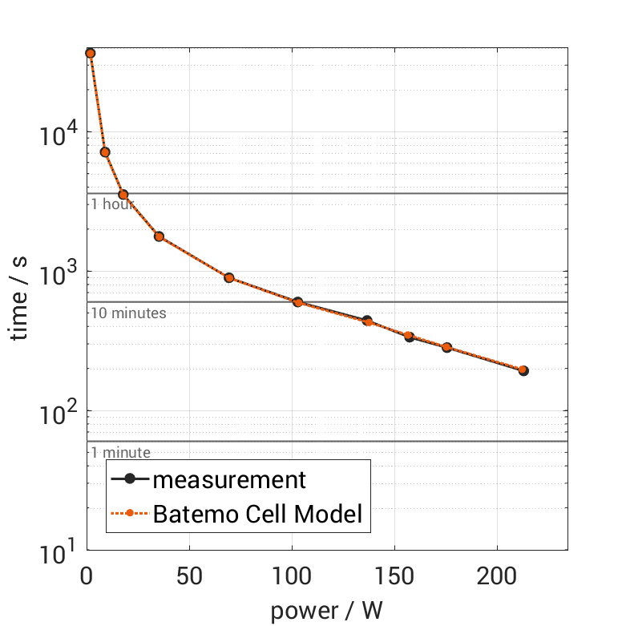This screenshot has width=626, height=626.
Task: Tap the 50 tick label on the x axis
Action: coord(189,577)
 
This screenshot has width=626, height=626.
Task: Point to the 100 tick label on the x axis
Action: coord(292,577)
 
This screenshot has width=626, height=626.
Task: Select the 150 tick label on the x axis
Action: coord(394,577)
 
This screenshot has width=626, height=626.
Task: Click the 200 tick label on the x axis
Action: coord(497,577)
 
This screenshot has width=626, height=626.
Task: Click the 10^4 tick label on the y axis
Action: coord(58,131)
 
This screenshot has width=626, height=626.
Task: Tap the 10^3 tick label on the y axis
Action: coord(58,271)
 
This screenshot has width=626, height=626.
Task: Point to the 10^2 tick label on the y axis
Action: coord(58,411)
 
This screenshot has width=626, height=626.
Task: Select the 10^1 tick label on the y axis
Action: coord(58,551)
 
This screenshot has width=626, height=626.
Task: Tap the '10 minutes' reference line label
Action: coord(128,313)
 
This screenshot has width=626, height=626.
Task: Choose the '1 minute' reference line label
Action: coord(120,453)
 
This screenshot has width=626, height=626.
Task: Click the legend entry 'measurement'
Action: coord(229,479)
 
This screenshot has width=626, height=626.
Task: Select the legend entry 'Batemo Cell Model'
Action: coord(257,514)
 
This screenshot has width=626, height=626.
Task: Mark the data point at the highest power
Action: coord(523,370)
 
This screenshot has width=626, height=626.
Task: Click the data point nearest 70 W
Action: coord(229,278)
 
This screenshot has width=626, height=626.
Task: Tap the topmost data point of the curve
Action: coord(91,53)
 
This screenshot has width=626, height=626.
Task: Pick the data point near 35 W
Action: coord(159,236)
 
